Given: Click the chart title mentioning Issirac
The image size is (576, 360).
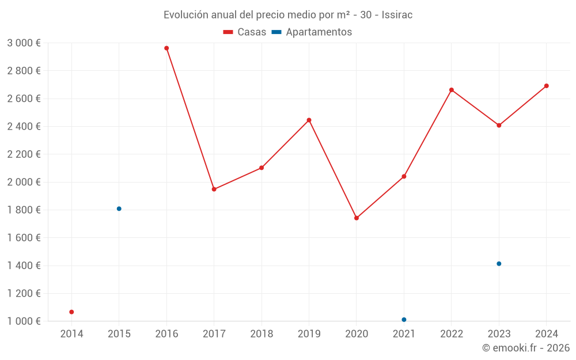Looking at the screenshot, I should (288, 15).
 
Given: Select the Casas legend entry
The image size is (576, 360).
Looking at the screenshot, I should (245, 32).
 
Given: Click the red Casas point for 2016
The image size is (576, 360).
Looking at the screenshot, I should (166, 48).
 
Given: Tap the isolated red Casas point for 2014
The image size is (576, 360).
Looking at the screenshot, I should (71, 312).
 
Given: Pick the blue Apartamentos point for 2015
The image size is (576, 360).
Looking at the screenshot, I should (119, 209).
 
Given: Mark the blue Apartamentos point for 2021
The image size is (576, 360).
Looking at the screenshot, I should (404, 320).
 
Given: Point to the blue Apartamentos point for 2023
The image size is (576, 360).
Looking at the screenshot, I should (499, 264).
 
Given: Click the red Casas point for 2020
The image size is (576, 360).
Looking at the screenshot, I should (357, 218).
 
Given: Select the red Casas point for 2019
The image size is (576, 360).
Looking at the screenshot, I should (309, 120).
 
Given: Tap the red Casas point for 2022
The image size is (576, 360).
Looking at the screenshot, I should (452, 90).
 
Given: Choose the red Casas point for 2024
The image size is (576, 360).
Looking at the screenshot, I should (547, 86).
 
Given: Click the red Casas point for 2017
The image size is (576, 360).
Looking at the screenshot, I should (214, 189).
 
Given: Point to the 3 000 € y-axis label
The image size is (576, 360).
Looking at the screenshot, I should (24, 43).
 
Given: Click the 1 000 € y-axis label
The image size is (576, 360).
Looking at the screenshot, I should (24, 321).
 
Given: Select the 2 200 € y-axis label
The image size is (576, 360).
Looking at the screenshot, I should (24, 154).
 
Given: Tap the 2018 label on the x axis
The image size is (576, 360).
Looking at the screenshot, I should (262, 334).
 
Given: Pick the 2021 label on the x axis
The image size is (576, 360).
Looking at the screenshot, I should (404, 334).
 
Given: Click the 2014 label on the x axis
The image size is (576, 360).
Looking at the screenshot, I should (71, 334).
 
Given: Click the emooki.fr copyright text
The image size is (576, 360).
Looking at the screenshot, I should (525, 348).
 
